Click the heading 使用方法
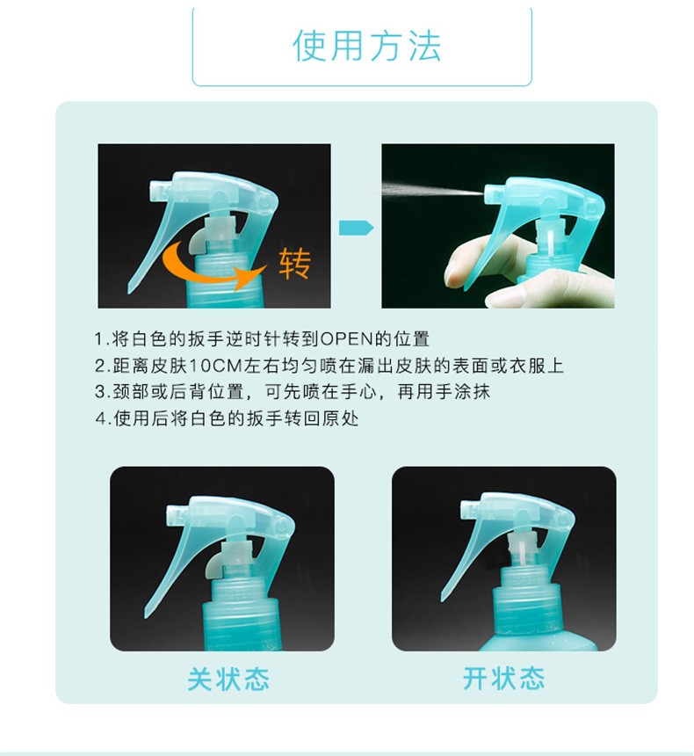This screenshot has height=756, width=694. pyautogui.click(x=366, y=46)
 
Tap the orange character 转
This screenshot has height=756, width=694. pyautogui.click(x=294, y=264)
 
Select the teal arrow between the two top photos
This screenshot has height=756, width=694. pyautogui.click(x=356, y=228)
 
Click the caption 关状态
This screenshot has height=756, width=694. pyautogui.click(x=228, y=679)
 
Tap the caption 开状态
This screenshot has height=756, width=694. pyautogui.click(x=503, y=679)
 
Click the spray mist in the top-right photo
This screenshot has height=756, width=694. pyautogui.click(x=431, y=189)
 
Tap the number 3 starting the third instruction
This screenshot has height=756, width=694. pyautogui.click(x=100, y=391)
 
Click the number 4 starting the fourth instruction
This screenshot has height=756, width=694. pyautogui.click(x=100, y=418)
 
